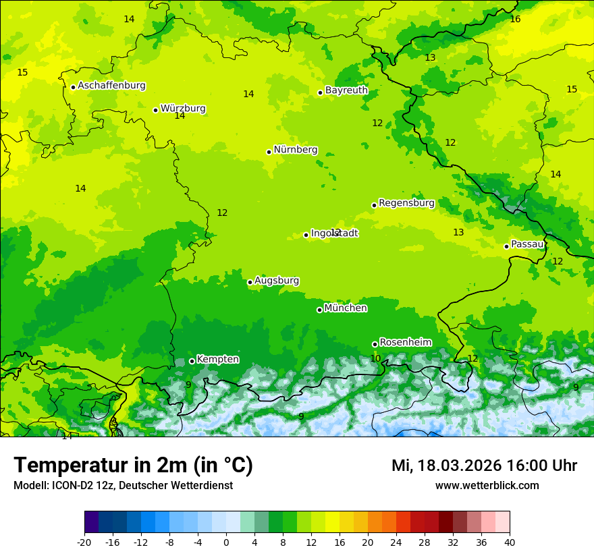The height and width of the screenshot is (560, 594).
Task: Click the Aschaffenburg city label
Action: [x=111, y=86]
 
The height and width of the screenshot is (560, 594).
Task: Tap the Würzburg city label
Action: [x=183, y=109]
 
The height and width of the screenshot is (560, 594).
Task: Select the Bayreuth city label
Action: [x=346, y=90]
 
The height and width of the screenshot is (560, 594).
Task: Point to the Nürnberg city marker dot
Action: [x=269, y=152]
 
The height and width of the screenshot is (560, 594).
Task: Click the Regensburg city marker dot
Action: [x=374, y=205]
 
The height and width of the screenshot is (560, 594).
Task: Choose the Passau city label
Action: [x=527, y=244]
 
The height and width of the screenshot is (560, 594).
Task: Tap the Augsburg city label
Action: [x=277, y=281]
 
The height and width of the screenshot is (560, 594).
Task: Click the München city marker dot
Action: [x=319, y=310]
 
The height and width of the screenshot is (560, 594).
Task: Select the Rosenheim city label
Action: [x=405, y=342]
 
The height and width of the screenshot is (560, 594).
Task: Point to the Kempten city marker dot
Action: [x=192, y=361]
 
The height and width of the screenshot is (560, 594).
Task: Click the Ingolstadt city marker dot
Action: [x=306, y=235]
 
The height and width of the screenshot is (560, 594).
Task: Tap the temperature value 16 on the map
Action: [x=515, y=19]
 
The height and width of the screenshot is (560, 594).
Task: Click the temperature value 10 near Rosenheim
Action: [x=375, y=358]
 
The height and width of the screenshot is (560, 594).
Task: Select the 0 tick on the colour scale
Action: [x=226, y=542]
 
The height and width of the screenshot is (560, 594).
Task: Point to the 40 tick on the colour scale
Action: [x=509, y=542]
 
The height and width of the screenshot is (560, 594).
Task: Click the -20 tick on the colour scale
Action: [x=84, y=542]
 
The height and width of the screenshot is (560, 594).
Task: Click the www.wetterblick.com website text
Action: [x=487, y=486]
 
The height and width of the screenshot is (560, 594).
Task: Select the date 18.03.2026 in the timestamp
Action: [x=456, y=466]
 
